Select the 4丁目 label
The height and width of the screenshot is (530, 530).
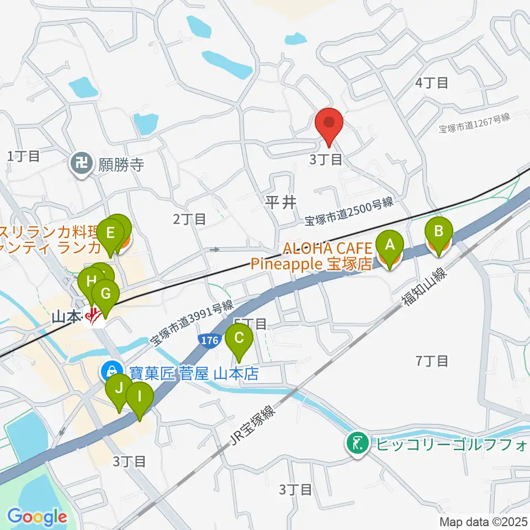431,83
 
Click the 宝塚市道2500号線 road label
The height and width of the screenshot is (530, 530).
349,211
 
